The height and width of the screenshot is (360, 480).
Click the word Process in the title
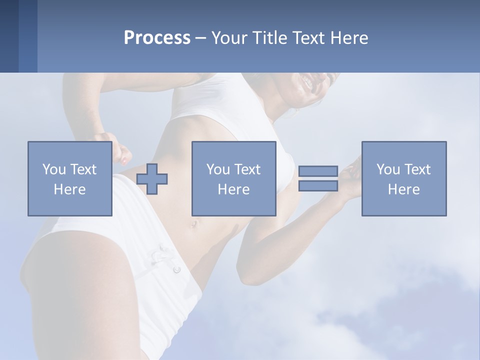click(157, 38)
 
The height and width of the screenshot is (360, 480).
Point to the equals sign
click(318, 178)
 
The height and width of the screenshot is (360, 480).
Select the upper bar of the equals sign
click(318, 171)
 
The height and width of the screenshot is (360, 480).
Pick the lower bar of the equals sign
click(318, 185)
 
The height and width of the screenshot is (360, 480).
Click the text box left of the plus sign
click(69, 178)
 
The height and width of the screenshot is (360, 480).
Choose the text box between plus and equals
click(233, 178)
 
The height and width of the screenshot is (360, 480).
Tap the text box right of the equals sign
click(403, 178)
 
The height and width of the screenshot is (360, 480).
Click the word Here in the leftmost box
click(69, 189)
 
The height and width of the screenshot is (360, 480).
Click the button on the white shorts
click(176, 269)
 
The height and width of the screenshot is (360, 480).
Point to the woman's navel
click(192, 224)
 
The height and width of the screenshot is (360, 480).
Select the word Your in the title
click(228, 38)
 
